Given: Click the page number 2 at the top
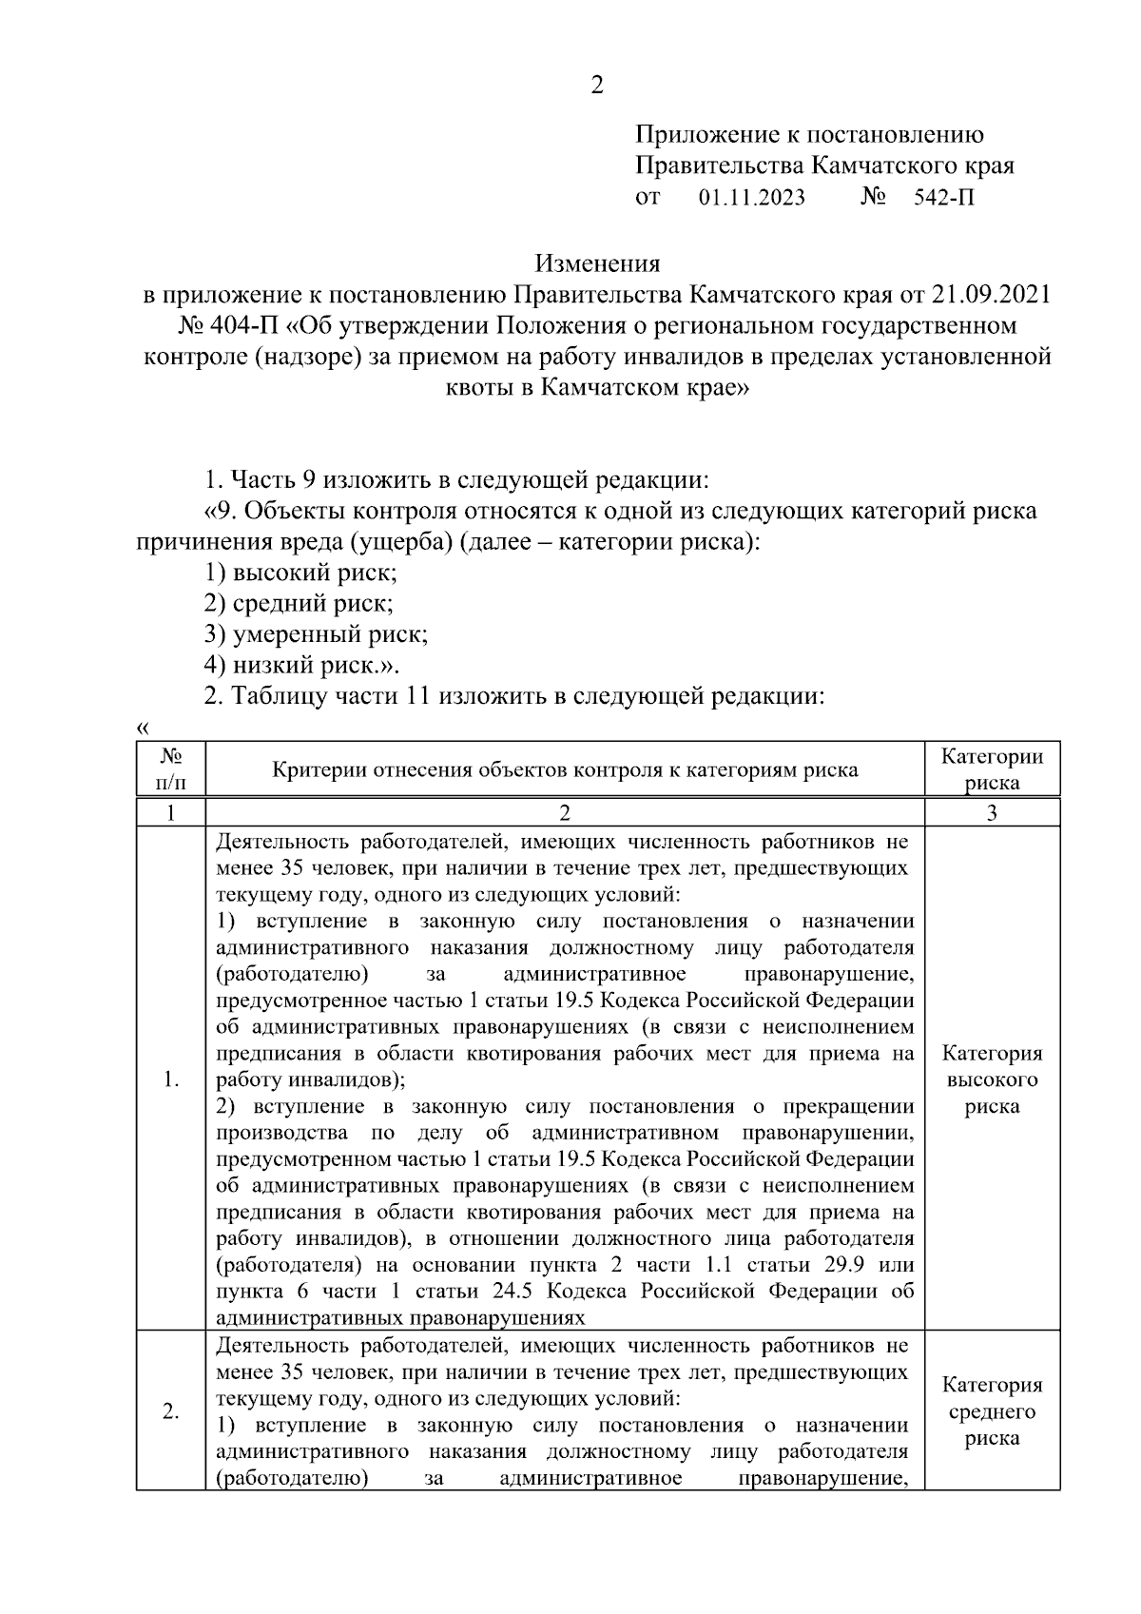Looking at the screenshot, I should click(596, 86).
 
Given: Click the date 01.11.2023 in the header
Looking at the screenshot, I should click(751, 198).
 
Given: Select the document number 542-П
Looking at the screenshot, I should click(943, 198).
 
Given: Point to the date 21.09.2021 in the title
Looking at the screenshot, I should click(992, 293).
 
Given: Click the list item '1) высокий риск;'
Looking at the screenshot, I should click(300, 573).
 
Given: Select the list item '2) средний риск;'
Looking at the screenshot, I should click(299, 603).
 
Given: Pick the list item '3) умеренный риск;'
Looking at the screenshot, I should click(316, 633).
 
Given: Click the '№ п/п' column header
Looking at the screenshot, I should click(171, 768).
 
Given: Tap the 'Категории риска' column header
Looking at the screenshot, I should click(992, 768).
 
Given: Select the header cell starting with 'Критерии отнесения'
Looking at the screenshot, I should click(565, 769).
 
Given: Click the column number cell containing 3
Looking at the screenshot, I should click(992, 812).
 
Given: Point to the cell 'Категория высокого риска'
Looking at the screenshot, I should click(992, 1079).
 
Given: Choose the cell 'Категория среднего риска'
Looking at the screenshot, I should click(992, 1411).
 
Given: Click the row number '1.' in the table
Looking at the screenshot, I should click(171, 1079).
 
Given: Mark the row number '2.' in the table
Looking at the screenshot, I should click(171, 1411).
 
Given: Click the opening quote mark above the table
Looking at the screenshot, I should click(143, 729).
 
